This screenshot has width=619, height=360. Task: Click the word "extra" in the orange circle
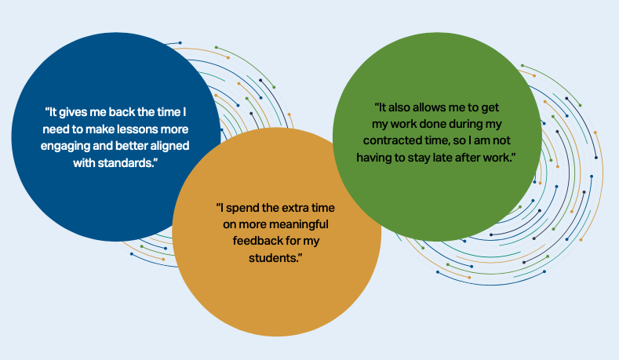pos(296,208)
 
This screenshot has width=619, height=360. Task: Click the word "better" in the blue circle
pos(132,146)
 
